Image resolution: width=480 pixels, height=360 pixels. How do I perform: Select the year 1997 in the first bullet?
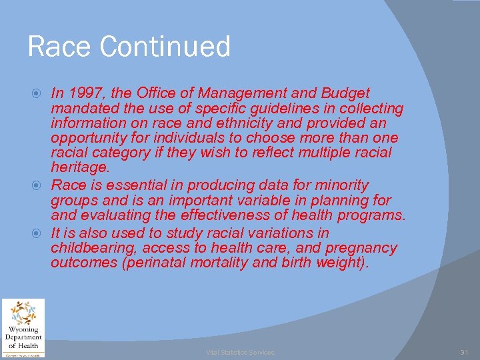click(83, 93)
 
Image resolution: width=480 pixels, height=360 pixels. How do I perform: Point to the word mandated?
click(83, 108)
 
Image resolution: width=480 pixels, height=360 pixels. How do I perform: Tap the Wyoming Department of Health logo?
click(23, 327)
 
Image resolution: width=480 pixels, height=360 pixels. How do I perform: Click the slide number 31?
click(465, 352)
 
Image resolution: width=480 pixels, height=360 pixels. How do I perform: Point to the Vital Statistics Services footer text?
click(240, 352)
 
